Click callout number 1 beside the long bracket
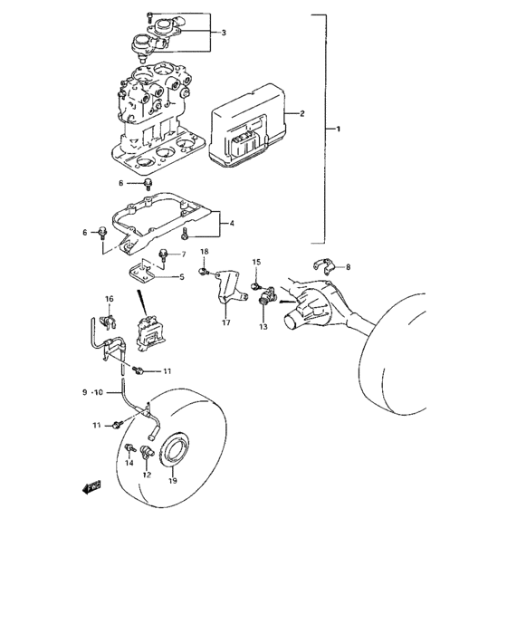point(339,130)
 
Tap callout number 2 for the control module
point(302,113)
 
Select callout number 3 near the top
point(224,32)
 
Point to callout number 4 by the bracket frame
point(232,223)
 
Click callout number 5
point(181,276)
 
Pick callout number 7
point(183,255)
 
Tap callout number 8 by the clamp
point(348,267)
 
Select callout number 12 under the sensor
point(146,474)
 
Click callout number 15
point(256,262)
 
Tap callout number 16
point(109,299)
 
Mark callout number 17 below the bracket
point(226,321)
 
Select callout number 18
point(204,251)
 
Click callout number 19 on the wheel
point(173,482)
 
